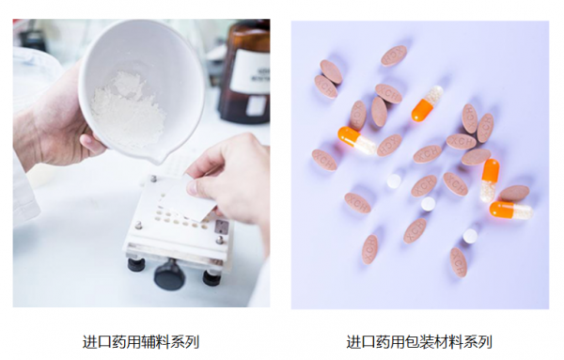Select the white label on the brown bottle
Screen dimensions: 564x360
[251, 72]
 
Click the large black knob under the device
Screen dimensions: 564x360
[169, 274]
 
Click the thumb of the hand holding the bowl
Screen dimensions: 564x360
[93, 143]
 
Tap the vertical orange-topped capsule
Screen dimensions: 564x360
[490, 180]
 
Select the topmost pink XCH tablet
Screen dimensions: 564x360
[394, 55]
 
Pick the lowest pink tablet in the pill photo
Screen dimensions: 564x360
[459, 262]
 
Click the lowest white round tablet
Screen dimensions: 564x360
[470, 236]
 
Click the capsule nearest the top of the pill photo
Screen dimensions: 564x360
[428, 103]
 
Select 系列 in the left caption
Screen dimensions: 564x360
[184, 342]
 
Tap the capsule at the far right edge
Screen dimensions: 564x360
[511, 210]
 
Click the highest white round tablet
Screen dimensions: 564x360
[394, 180]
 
